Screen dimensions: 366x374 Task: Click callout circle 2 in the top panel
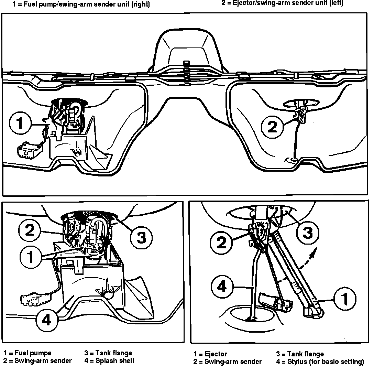tap(272, 127)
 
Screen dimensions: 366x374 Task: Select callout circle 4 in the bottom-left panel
tap(47, 320)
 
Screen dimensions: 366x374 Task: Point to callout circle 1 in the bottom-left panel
tap(30, 257)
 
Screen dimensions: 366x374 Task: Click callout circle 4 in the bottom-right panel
tap(223, 286)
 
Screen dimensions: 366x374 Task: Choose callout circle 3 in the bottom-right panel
tap(307, 232)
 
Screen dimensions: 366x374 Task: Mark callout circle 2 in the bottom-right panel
tap(222, 243)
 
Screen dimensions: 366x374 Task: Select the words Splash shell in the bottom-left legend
tap(115, 360)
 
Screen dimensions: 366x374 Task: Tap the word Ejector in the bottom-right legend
tap(216, 354)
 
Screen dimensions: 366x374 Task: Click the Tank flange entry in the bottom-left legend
tap(113, 353)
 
